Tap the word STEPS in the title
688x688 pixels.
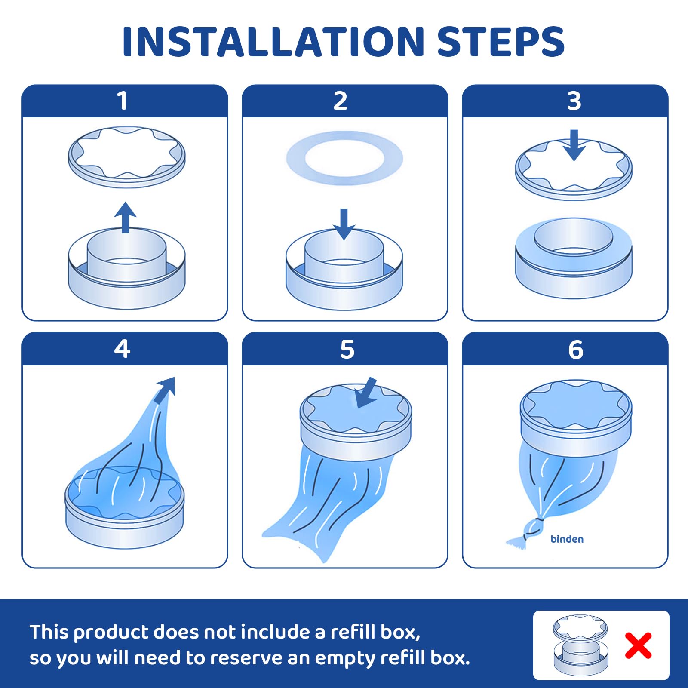[x=501, y=42]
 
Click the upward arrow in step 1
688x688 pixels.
[x=125, y=218]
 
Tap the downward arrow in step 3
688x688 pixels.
[x=574, y=145]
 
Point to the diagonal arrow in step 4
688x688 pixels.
[x=165, y=390]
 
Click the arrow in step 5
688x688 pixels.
[x=365, y=393]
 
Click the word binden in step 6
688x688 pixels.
[x=567, y=539]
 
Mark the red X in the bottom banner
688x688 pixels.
[x=639, y=645]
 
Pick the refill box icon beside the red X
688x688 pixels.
[x=581, y=645]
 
